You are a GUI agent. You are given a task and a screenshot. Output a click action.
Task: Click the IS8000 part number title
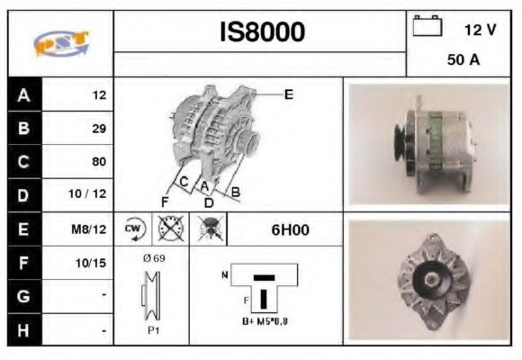[x=262, y=32]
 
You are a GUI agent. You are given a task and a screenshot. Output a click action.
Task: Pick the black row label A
[x=22, y=94]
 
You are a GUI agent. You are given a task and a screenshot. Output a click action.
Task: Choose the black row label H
[x=22, y=330]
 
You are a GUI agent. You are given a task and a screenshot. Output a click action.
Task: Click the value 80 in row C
[x=99, y=162]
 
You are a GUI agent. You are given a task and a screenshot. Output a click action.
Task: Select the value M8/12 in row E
[x=92, y=229]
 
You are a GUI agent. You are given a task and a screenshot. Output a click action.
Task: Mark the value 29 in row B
[x=99, y=128]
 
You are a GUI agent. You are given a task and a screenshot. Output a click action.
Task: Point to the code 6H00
[x=290, y=229]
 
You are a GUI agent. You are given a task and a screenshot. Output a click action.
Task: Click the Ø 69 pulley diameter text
[x=153, y=258]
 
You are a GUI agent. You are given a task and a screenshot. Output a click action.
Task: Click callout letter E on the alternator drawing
[x=288, y=93]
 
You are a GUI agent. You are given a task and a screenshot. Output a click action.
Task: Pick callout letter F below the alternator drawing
[x=165, y=199]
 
